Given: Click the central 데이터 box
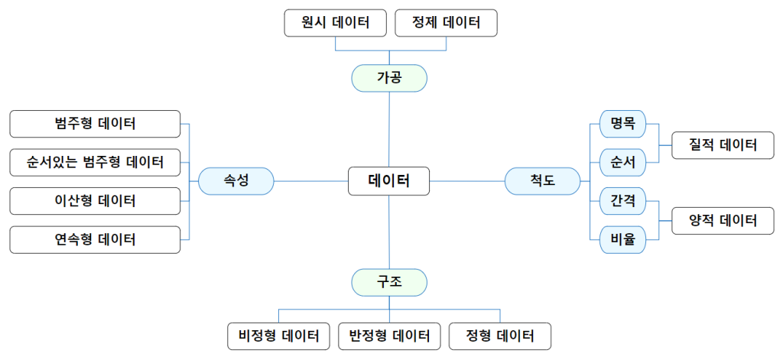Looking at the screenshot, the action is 388,180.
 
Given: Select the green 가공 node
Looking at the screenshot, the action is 389,79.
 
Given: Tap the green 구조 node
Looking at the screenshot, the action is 389,282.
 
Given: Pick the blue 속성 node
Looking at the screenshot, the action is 236,180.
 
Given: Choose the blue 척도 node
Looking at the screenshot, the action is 543,180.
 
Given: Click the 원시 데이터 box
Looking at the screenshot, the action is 336,23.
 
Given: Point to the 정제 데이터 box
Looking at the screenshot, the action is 446,23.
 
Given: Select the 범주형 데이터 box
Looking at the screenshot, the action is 95,124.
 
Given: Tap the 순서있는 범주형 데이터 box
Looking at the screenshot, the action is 95,162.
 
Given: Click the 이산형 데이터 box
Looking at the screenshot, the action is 95,201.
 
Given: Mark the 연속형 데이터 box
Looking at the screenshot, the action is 95,240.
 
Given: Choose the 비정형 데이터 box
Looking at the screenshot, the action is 279,336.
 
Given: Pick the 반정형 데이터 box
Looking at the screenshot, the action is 389,336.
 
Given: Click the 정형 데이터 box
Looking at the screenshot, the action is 500,336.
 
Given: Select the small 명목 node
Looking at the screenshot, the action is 622,124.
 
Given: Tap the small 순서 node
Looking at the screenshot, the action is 622,162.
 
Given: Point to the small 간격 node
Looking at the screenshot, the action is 622,201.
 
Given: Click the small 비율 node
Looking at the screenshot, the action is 622,240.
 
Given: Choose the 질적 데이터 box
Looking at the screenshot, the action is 723,145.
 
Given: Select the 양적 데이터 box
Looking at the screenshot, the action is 723,220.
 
